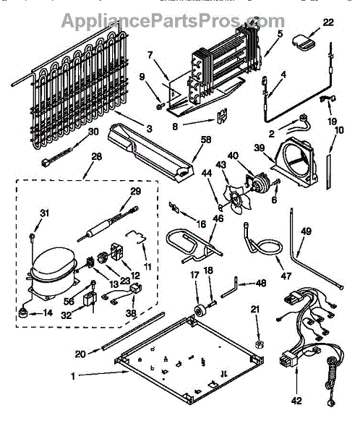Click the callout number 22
click(x=328, y=22)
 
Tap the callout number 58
click(x=205, y=140)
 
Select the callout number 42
click(x=296, y=401)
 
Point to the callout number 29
click(x=136, y=191)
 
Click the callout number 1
click(x=73, y=376)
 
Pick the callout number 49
click(x=306, y=231)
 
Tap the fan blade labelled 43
click(x=237, y=199)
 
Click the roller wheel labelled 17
click(x=200, y=311)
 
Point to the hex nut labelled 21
click(x=259, y=344)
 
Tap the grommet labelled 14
click(x=23, y=313)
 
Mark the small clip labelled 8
click(x=222, y=115)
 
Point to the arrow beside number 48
click(x=247, y=284)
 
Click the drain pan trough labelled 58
click(x=151, y=152)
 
